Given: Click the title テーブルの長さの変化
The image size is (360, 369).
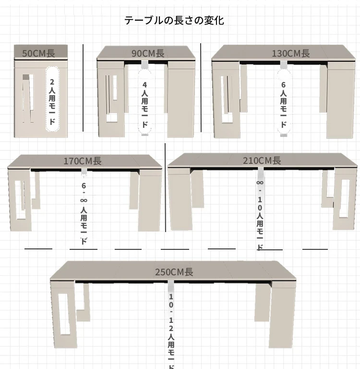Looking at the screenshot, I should (174, 20).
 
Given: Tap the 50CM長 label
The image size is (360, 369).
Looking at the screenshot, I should (39, 53).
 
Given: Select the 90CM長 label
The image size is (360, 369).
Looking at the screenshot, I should (148, 53).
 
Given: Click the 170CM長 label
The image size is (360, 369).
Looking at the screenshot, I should (83, 161).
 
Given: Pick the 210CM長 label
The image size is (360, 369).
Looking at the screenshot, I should (262, 160).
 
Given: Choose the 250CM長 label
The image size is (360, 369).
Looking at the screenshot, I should (174, 272).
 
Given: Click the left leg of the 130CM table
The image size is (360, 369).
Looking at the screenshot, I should (226, 101).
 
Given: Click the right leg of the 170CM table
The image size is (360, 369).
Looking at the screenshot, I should (150, 202).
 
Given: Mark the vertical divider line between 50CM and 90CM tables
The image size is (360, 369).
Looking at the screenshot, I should (83, 88).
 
